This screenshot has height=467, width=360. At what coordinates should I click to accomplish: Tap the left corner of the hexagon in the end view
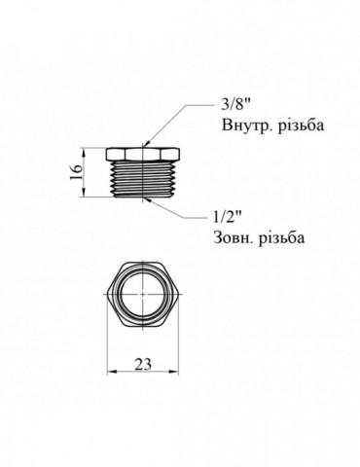[106, 296]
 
